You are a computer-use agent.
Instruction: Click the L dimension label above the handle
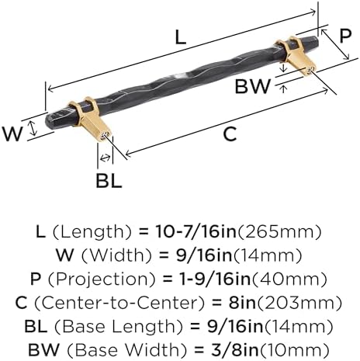(181, 37)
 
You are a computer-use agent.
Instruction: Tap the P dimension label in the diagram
(345, 36)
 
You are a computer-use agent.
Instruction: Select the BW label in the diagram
(253, 86)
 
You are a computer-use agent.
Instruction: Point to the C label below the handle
(230, 134)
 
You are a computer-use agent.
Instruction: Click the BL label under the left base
(109, 181)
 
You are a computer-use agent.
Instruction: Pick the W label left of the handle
(12, 134)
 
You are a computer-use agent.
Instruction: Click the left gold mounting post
(91, 120)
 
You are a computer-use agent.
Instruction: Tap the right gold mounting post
(297, 55)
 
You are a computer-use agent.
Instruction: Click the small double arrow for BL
(105, 158)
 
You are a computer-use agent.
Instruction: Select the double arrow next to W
(33, 129)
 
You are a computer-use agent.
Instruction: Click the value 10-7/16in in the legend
(196, 231)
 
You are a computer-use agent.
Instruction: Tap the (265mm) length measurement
(279, 231)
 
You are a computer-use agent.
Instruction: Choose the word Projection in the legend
(102, 279)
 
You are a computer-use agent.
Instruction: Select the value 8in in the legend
(242, 303)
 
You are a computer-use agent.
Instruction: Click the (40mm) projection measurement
(289, 279)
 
